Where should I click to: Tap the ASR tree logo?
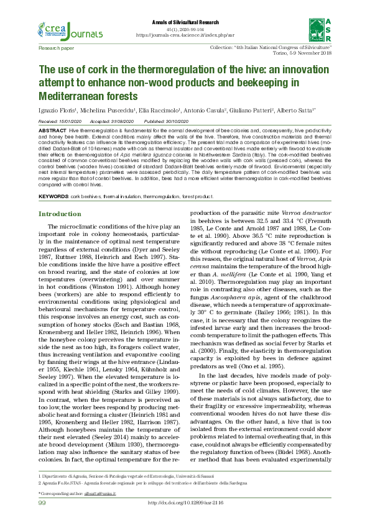click(x=317, y=29)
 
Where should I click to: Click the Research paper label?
click(x=56, y=47)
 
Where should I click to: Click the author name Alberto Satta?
click(x=312, y=110)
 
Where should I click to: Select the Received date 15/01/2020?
click(x=70, y=122)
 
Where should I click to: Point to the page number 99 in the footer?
click(x=42, y=503)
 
